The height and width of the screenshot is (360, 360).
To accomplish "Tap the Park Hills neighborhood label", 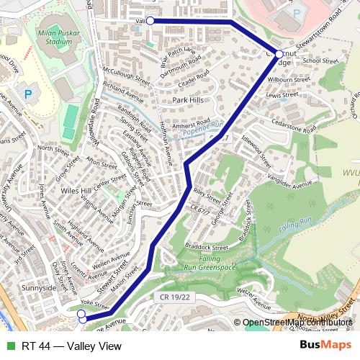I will coord(188,100).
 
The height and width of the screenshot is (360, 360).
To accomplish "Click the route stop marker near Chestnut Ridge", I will coord(279,54).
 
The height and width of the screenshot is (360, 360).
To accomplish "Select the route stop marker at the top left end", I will coord(150,21).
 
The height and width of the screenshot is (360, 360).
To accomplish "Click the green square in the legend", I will coord(9,346).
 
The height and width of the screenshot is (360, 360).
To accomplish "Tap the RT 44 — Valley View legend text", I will coord(71,346).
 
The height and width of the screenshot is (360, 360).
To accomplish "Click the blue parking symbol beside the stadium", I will coord(28,93).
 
